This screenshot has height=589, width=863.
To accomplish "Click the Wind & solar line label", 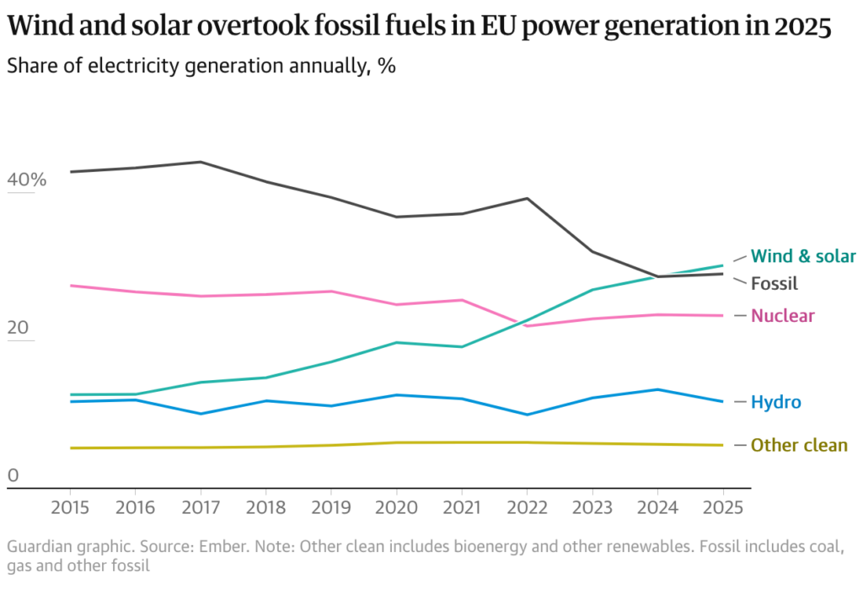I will pyautogui.click(x=803, y=256).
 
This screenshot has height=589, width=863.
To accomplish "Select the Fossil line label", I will pyautogui.click(x=774, y=284).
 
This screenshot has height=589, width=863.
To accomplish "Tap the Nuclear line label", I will pyautogui.click(x=783, y=316).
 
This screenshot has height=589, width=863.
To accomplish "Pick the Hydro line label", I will pyautogui.click(x=775, y=403).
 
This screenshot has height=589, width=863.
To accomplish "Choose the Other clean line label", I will pyautogui.click(x=799, y=445).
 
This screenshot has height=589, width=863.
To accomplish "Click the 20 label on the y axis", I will pyautogui.click(x=17, y=329).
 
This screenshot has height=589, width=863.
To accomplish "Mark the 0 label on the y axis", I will pyautogui.click(x=13, y=476).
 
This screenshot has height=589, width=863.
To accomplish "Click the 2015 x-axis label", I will pyautogui.click(x=70, y=508).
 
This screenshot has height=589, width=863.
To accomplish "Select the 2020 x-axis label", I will pyautogui.click(x=396, y=508).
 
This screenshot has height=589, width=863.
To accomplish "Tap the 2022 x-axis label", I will pyautogui.click(x=527, y=508).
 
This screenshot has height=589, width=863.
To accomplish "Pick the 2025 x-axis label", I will pyautogui.click(x=722, y=508).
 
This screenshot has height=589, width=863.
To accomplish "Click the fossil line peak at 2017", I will pyautogui.click(x=201, y=162).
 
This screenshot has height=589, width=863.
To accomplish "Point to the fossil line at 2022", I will pyautogui.click(x=527, y=198).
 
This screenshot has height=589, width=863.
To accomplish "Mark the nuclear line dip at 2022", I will pyautogui.click(x=527, y=325).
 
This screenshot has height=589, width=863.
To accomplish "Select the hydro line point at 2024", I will pyautogui.click(x=657, y=389).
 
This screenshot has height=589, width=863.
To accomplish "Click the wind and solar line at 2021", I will pyautogui.click(x=462, y=346).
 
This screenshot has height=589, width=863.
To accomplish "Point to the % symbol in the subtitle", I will pyautogui.click(x=387, y=67).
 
